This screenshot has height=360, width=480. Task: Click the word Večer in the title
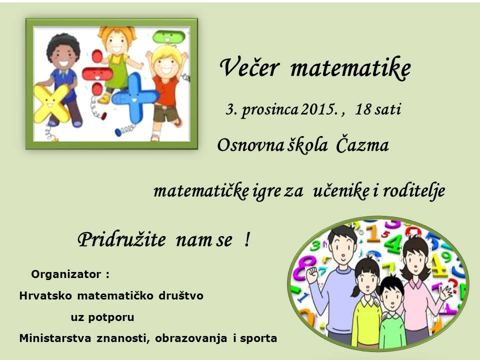(x=249, y=67)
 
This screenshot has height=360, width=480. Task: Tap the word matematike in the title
(x=350, y=68)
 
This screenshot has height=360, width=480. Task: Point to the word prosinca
(x=269, y=110)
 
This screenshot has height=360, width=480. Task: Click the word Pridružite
(x=121, y=239)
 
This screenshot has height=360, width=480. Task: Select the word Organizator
(x=66, y=274)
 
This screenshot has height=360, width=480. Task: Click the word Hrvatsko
(x=45, y=295)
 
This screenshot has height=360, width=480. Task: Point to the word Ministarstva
(x=55, y=338)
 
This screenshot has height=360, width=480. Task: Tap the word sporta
(x=258, y=338)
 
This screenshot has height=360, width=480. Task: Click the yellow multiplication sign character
(x=51, y=103)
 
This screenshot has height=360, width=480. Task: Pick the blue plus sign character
(x=135, y=98)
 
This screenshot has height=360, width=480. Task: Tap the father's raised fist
(x=312, y=275)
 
